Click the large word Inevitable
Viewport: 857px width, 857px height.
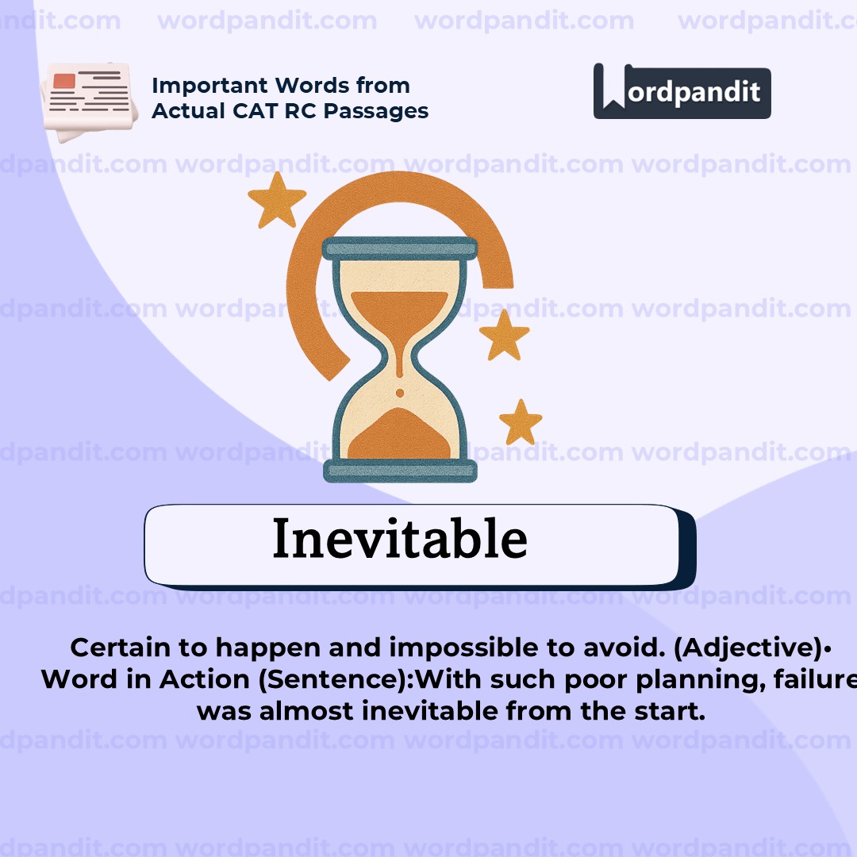[x=399, y=540]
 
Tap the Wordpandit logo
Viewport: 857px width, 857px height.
[x=682, y=91]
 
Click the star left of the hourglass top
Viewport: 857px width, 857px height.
[x=277, y=199]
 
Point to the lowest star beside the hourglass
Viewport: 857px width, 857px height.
[x=521, y=422]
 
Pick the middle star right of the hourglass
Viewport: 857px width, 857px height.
[x=504, y=335]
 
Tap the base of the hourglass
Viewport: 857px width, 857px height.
[x=400, y=471]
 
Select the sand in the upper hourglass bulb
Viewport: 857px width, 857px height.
[x=399, y=309]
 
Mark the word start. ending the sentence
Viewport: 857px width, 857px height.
[x=675, y=711]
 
